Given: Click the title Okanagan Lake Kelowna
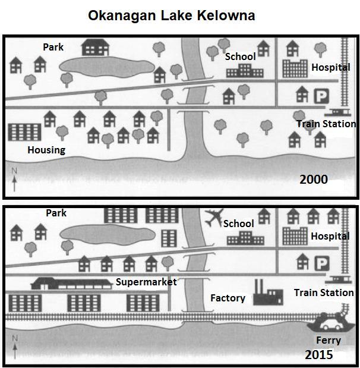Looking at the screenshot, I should [171, 15].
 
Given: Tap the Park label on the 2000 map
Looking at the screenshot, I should [53, 46].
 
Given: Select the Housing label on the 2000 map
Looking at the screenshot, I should [46, 150].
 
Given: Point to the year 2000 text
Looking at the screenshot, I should [314, 179].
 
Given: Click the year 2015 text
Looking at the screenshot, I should [319, 355].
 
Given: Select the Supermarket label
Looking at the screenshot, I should [146, 282].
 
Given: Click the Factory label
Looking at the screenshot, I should [228, 298].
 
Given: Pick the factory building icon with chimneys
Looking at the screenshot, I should [267, 293].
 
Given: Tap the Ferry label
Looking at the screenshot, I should [329, 341].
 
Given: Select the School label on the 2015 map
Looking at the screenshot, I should [238, 224].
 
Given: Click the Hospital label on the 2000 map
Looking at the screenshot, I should [330, 68].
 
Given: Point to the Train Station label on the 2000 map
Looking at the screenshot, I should [326, 124].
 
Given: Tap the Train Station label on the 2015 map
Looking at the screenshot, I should [324, 292].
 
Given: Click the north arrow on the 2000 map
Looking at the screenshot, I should [14, 179].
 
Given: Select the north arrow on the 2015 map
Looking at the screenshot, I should [14, 345].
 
